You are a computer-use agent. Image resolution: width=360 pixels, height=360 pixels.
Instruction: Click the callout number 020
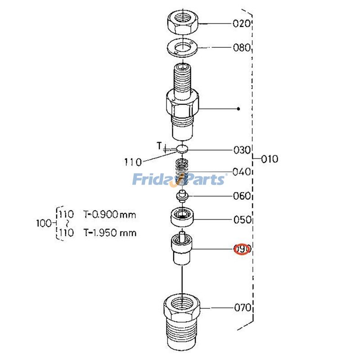241,23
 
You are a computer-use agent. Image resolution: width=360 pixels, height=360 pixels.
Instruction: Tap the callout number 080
242,48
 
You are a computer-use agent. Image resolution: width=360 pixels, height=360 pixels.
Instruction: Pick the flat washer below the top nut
183,48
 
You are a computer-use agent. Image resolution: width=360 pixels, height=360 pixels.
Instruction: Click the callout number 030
242,150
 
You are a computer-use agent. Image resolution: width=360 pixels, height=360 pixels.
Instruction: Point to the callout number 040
241,172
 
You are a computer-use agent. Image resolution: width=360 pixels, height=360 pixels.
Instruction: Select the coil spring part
182,172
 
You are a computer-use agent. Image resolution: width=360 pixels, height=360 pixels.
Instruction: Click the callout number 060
242,196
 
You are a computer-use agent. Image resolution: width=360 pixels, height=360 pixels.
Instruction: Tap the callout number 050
242,220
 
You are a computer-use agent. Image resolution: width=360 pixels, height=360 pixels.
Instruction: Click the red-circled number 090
243,249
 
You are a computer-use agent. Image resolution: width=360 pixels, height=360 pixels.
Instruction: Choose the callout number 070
243,308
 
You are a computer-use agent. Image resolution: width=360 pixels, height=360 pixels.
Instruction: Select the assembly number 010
270,159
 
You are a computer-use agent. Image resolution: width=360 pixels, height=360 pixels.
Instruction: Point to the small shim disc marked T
182,148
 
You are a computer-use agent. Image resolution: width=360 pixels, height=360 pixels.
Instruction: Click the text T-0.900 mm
110,215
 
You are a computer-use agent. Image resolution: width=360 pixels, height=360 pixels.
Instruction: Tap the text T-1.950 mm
110,233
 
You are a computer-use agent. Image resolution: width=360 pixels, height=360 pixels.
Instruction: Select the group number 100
44,223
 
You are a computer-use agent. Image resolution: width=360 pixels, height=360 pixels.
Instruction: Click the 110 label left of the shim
133,162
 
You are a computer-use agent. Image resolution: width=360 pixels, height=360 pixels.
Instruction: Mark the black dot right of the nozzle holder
238,109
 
